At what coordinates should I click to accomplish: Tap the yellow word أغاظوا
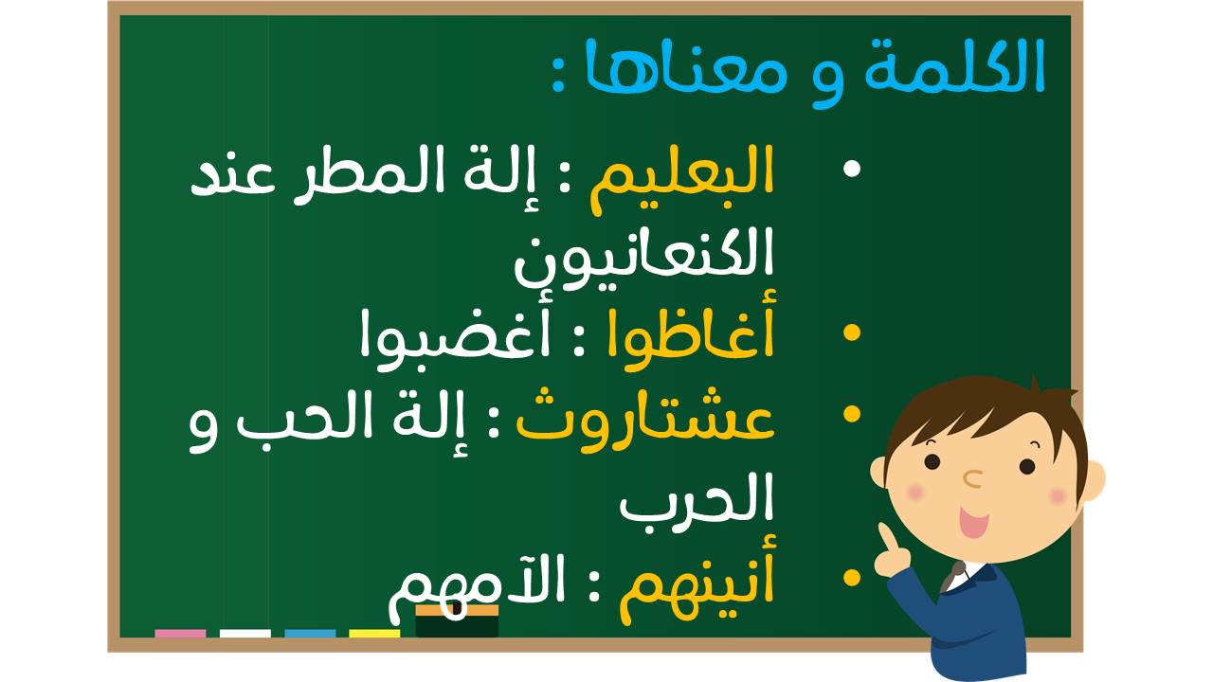click(x=691, y=332)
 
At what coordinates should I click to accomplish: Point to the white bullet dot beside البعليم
click(x=852, y=169)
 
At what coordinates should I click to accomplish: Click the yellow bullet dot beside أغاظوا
click(x=852, y=332)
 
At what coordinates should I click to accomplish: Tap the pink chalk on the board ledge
click(x=180, y=634)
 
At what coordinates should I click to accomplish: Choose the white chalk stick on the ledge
click(x=244, y=634)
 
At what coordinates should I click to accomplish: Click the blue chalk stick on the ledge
click(x=310, y=634)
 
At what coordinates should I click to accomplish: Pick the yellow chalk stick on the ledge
click(x=374, y=634)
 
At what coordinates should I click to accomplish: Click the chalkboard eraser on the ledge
click(x=457, y=621)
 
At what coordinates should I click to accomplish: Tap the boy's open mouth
click(x=973, y=522)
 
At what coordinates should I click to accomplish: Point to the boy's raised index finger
click(x=886, y=537)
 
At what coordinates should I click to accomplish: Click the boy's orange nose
click(x=972, y=478)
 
